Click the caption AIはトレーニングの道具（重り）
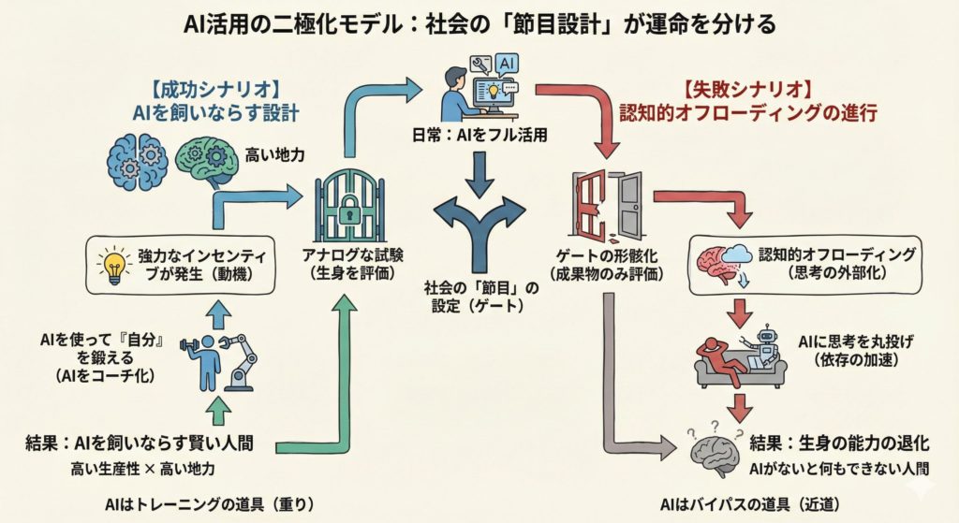(208, 504)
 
